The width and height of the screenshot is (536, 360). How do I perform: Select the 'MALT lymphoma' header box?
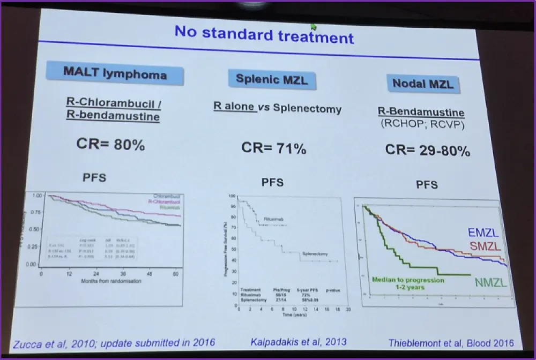click(115, 73)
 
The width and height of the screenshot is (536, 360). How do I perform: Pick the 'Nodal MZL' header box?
click(423, 83)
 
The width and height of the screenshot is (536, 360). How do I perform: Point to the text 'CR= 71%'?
click(273, 148)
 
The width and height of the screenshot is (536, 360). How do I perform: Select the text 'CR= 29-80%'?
click(427, 151)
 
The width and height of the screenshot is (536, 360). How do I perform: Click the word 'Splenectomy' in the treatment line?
click(307, 109)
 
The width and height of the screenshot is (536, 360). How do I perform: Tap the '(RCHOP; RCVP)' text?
click(423, 123)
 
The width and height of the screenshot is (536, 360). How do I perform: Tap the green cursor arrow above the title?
click(313, 26)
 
